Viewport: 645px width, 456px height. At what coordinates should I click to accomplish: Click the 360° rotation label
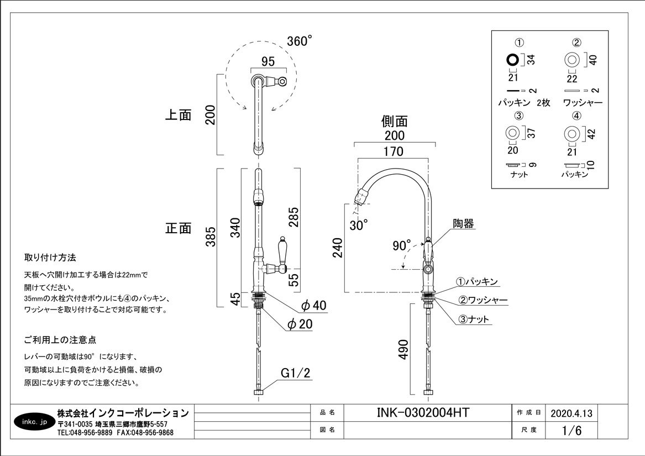click(300, 41)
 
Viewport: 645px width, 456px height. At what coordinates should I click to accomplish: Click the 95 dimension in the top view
click(268, 61)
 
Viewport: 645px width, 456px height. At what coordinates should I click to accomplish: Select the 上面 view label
click(179, 115)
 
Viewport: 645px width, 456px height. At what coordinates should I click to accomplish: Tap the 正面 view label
click(179, 228)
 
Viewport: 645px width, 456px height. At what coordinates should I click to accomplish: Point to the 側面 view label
click(395, 121)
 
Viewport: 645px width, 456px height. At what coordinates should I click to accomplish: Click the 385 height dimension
click(211, 237)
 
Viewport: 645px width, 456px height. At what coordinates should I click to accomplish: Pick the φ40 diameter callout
click(314, 305)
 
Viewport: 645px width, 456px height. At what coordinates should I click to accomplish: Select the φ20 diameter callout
click(300, 324)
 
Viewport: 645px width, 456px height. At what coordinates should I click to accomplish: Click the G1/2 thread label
click(295, 373)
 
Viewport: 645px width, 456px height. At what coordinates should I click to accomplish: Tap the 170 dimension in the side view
click(394, 151)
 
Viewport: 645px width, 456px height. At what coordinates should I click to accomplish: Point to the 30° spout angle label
click(359, 225)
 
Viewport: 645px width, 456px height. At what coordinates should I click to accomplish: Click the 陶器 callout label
click(464, 223)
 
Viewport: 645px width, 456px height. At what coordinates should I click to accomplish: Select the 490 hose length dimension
click(404, 349)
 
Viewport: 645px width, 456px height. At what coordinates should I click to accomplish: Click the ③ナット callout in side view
click(473, 319)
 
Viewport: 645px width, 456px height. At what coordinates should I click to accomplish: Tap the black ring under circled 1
click(512, 60)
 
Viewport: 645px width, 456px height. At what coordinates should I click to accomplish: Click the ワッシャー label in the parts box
click(583, 102)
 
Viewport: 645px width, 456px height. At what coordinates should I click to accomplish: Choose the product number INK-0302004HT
click(423, 412)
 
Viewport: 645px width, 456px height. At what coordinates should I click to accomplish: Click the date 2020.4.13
click(571, 413)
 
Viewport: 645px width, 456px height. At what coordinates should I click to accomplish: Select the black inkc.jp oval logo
click(35, 422)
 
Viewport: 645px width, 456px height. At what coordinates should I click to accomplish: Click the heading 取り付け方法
click(50, 258)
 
